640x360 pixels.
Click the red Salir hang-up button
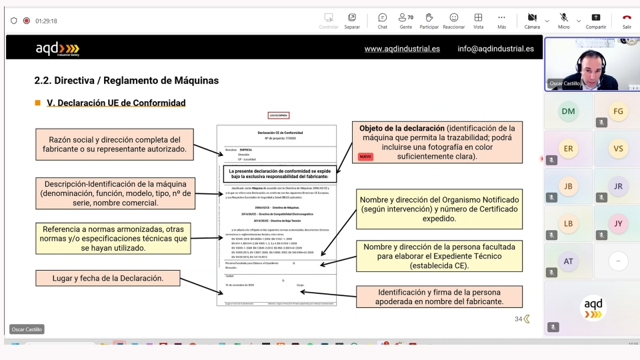click(x=627, y=17)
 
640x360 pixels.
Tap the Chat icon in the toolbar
click(x=382, y=17)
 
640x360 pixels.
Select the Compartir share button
click(x=595, y=17)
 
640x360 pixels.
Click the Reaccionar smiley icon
click(x=453, y=17)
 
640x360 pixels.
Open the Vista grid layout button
click(x=478, y=17)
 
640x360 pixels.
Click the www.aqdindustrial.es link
click(x=402, y=49)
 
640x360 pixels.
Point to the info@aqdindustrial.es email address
click(x=495, y=49)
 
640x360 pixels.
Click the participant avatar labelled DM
click(x=568, y=111)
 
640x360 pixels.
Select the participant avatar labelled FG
click(x=618, y=111)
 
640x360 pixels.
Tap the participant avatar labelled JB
click(x=568, y=187)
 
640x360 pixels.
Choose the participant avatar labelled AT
click(x=568, y=261)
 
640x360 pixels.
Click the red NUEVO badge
click(x=365, y=157)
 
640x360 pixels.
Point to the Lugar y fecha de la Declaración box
click(x=108, y=278)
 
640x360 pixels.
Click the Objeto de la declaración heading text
click(x=401, y=128)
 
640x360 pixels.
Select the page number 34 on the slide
click(x=518, y=319)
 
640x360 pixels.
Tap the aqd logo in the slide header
click(x=57, y=49)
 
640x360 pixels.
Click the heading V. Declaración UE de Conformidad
click(x=116, y=103)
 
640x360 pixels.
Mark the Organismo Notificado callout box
click(x=439, y=209)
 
